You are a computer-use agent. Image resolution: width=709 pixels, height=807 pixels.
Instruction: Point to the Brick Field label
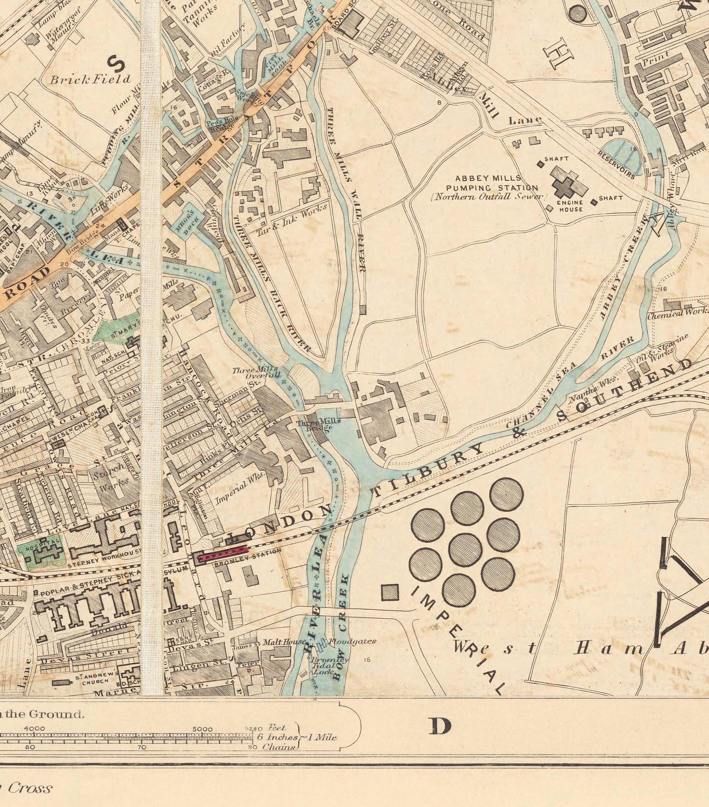click(90, 79)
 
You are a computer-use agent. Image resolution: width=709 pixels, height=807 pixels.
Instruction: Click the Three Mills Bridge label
click(318, 424)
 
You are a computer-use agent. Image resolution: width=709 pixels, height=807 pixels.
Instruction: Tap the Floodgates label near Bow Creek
click(352, 642)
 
